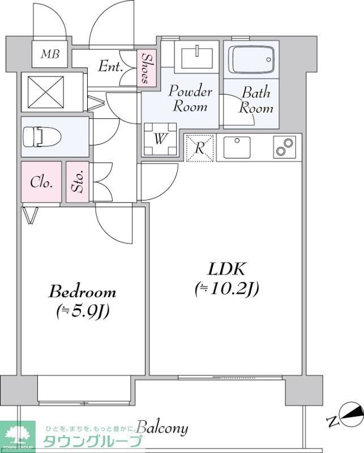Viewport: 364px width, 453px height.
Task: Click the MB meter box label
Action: [50, 54]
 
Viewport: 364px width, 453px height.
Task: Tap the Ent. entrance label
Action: [110, 66]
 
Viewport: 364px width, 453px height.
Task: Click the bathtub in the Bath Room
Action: [251, 60]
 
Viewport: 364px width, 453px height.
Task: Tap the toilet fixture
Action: [42, 136]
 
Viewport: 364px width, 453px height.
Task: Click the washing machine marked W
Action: [160, 139]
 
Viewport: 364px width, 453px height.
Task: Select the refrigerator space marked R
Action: [200, 148]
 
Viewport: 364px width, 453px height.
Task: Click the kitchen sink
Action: [237, 147]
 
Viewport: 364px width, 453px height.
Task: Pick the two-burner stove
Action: [285, 147]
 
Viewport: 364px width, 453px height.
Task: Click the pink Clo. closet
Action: [41, 182]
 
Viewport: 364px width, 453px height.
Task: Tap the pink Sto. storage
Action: [78, 182]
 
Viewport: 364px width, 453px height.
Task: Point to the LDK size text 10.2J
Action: [226, 288]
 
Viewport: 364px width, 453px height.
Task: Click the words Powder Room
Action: [190, 99]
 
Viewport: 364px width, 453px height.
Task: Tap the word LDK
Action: [226, 269]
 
